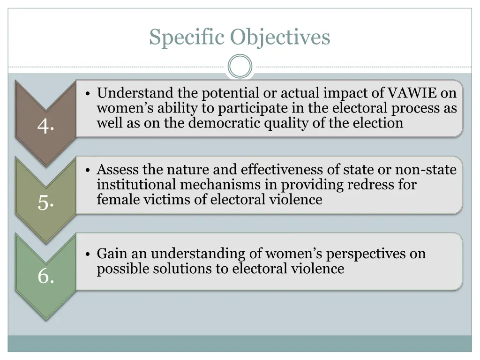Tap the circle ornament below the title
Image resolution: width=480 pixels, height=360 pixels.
(240, 67)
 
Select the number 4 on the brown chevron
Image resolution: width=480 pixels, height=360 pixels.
(45, 126)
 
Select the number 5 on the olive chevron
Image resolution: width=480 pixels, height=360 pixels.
(45, 202)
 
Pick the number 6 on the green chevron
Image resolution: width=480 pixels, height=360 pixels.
(45, 276)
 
